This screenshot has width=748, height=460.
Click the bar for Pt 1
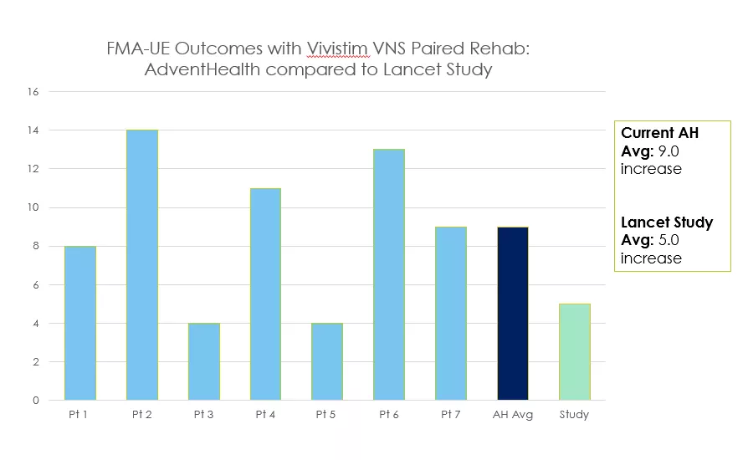tap(80, 323)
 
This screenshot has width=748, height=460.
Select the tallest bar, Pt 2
tap(142, 264)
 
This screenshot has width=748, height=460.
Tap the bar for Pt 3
tap(204, 361)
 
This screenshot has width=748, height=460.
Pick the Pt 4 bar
tap(265, 294)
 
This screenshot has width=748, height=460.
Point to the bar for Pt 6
tap(389, 274)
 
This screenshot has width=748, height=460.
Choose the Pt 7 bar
tap(451, 313)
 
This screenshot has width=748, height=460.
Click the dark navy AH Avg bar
tap(513, 313)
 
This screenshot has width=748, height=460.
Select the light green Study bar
tap(574, 351)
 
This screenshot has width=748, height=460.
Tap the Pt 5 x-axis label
tap(327, 415)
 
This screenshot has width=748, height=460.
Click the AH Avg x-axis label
tap(513, 415)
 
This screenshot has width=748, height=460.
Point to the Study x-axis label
tap(574, 415)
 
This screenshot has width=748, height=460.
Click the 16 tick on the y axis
tap(34, 92)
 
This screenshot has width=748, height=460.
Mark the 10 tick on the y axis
tap(34, 207)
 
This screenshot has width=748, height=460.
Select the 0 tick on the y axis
tap(37, 401)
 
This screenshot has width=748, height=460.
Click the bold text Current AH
tap(659, 133)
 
